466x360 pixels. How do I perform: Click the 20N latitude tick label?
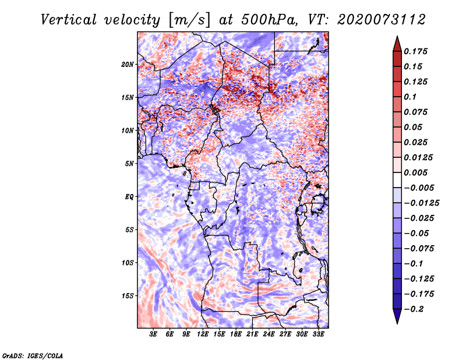coord(128,64)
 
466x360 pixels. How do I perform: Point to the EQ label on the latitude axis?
coord(129,197)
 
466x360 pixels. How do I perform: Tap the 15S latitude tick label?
coord(128,296)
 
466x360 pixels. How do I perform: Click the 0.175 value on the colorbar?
coord(417,51)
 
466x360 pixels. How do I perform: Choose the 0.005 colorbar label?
coord(417,173)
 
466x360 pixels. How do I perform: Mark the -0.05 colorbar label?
coord(417,234)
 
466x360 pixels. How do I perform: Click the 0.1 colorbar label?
coord(412,97)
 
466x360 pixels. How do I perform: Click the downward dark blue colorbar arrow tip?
coord(396,322)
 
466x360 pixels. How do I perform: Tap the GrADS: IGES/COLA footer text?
coord(32,355)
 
